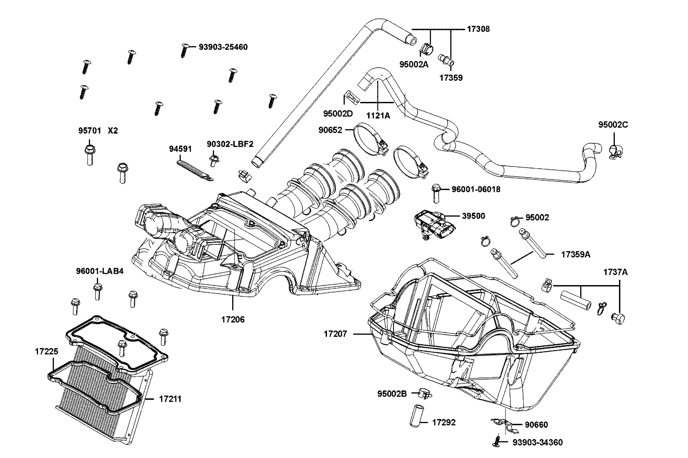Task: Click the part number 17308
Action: click(478, 29)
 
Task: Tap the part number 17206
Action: click(233, 319)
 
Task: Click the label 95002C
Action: click(613, 125)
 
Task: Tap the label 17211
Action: click(170, 399)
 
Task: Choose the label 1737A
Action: click(615, 272)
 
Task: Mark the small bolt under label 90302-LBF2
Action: click(214, 160)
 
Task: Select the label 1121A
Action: click(378, 116)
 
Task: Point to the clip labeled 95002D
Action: click(352, 97)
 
